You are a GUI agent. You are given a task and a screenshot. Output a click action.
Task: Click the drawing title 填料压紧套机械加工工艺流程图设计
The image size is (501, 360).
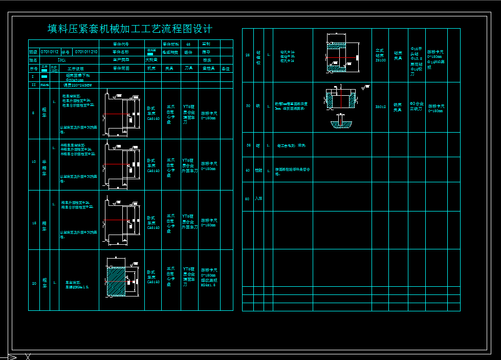point(129,29)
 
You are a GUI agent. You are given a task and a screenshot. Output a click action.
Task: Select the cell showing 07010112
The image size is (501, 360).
point(50,52)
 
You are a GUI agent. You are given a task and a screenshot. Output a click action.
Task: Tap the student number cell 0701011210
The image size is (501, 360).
point(86,52)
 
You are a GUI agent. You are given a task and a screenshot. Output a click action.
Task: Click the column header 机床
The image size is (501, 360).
point(151,68)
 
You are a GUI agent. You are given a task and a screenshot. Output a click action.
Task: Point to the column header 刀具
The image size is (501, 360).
point(188,68)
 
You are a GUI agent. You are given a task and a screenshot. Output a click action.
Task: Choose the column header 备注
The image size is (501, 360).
point(226,68)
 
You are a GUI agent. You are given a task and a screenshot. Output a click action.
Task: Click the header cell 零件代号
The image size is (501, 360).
point(121,44)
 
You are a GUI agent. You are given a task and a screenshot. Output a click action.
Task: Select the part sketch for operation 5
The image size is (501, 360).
point(121,114)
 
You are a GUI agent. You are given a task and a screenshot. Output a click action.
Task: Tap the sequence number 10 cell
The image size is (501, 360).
point(34,162)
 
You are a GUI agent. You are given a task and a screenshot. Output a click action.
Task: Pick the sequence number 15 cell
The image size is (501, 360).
point(34,223)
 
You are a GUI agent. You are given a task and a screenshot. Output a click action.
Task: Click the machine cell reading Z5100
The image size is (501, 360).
point(380,55)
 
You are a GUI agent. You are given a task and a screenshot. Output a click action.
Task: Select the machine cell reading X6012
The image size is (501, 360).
point(380,107)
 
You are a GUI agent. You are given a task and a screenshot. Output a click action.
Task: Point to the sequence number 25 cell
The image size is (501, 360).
point(248,55)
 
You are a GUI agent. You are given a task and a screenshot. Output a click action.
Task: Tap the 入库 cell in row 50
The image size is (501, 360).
point(258,198)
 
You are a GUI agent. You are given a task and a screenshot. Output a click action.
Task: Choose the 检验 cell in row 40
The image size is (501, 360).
point(258,170)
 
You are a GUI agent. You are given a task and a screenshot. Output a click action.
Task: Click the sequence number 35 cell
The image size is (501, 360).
point(248,145)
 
